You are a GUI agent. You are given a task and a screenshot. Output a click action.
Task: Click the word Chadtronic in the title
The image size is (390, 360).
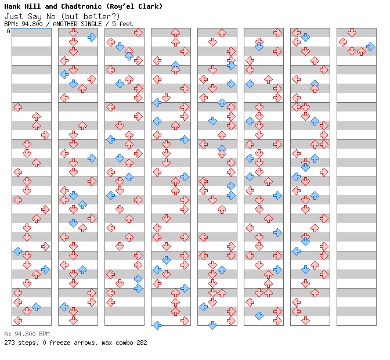81,6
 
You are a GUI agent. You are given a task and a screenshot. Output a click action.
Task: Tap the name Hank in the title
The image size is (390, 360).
12,6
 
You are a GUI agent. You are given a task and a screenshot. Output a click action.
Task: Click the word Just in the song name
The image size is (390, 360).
14,17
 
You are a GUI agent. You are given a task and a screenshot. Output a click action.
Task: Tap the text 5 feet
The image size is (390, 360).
122,24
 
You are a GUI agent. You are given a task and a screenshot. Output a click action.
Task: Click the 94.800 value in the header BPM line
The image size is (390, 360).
32,24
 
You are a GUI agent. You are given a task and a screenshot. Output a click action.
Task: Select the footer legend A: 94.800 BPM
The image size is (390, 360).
27,334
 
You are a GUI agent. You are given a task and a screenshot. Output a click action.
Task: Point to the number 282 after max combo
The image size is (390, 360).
142,343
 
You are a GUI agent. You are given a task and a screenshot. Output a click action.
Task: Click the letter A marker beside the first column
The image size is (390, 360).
9,31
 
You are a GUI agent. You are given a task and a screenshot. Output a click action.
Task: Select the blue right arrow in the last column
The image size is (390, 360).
370,47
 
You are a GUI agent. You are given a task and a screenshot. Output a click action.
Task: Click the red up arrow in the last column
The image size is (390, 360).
361,52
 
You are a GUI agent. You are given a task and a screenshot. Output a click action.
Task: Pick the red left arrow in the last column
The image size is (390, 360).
343,42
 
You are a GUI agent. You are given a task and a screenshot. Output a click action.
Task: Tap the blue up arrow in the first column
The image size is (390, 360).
37,307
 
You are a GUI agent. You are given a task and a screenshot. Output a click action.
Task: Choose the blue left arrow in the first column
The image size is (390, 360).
18,251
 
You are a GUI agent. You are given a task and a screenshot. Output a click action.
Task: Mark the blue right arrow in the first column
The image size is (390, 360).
45,269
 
